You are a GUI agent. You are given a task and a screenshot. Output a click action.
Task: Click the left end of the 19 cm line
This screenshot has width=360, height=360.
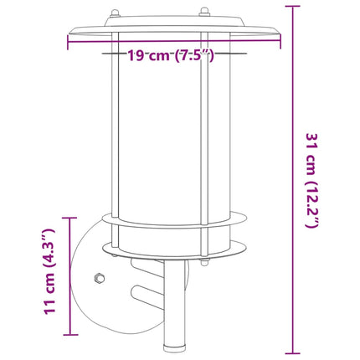(x=66, y=41)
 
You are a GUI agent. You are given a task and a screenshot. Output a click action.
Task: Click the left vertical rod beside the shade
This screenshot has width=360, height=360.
(x=119, y=134)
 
